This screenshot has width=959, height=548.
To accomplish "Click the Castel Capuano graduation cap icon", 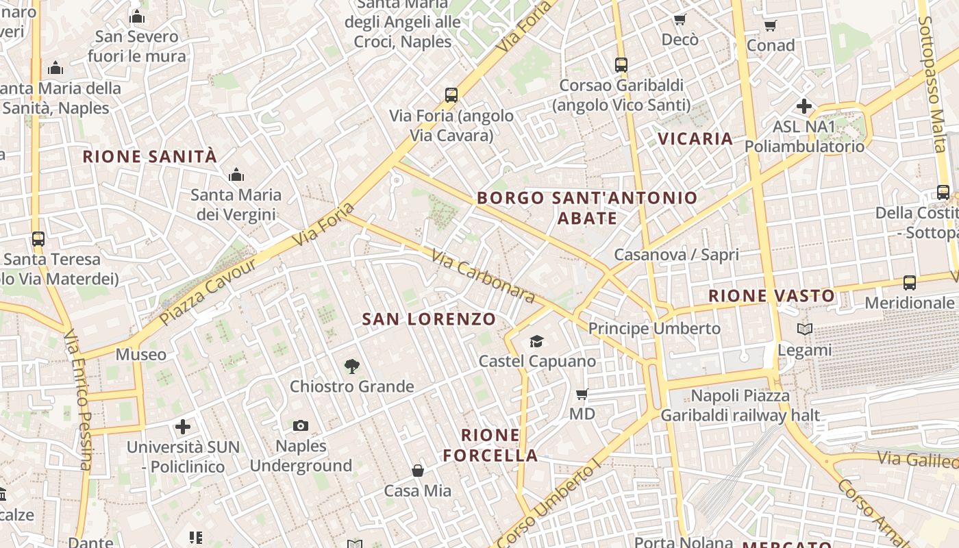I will pos(536,341).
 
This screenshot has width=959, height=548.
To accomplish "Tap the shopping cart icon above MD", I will pos(582,394).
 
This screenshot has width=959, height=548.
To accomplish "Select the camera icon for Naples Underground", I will pos(300,426).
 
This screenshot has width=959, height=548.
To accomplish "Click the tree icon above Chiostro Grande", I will pos(352,366).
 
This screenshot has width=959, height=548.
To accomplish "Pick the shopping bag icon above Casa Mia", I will pos(417,471).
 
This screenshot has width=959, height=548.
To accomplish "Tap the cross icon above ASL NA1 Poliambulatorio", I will pos(804,106).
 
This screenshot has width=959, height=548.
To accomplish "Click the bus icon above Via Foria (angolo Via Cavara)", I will pos(451,95).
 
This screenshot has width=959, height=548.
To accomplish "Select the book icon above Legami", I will pos(805,329).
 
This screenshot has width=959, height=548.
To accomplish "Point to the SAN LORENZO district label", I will pos(429,319).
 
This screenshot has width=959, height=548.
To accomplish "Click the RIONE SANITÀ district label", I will pos(149,156).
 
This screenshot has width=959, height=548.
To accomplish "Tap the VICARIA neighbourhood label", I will pos(695,139).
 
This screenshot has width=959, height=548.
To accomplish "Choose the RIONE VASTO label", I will pos(771,296).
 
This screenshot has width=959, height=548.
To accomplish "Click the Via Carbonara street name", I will pos(483,275).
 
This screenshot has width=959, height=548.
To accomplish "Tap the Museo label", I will pos(141,354).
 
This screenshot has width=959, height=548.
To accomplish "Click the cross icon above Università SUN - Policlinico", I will pos(183,427).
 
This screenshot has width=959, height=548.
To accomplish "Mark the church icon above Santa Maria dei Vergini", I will pos(236,175).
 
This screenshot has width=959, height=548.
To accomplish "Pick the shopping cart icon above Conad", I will pos(770,26).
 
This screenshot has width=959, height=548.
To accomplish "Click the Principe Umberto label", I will pos(654,328).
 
